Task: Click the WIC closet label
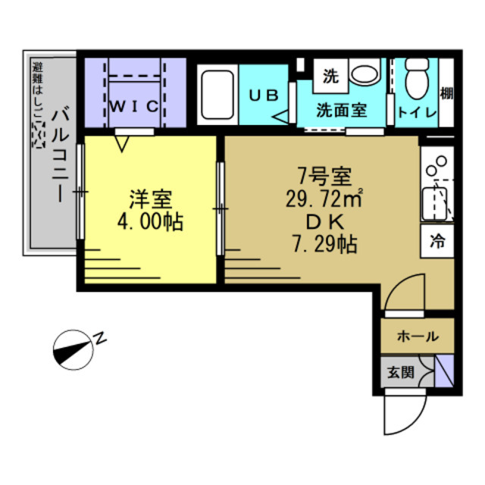click(x=135, y=106)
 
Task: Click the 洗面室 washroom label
click(x=342, y=110)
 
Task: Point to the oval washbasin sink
click(x=365, y=76)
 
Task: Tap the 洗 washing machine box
click(x=330, y=76)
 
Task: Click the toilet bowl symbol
click(x=416, y=80)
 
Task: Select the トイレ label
click(x=415, y=112)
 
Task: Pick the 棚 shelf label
click(x=446, y=95)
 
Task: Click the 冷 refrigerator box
click(x=437, y=242)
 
